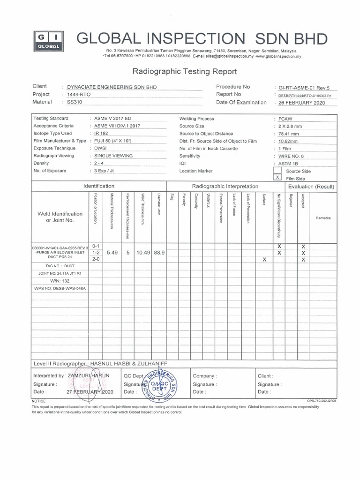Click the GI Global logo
click(x=46, y=41)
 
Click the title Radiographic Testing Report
click(x=185, y=72)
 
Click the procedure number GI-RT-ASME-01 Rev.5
click(x=304, y=87)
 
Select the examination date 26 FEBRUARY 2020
click(x=301, y=103)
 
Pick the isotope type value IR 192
click(x=101, y=134)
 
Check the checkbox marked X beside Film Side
click(x=277, y=178)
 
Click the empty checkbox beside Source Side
click(x=277, y=171)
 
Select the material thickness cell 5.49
click(x=112, y=252)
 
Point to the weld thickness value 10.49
click(x=143, y=252)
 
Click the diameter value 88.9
click(x=159, y=252)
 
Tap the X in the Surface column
click(x=264, y=259)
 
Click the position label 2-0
click(x=96, y=259)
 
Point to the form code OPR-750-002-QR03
click(x=322, y=401)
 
